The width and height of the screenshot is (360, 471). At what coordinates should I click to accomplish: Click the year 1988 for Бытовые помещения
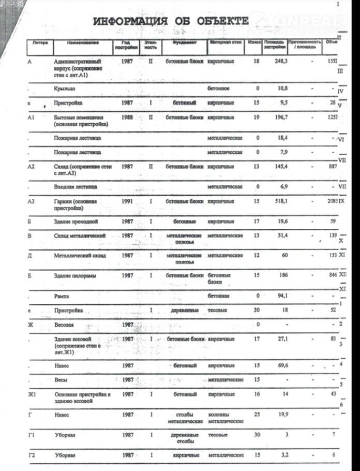pos(127,117)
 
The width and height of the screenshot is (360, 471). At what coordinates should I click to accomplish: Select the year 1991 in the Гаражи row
pos(127,201)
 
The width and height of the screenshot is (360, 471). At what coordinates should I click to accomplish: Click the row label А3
pos(31,201)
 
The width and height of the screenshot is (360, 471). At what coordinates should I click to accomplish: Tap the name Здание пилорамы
pos(75,276)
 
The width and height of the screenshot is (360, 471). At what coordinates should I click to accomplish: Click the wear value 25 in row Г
pos(257,415)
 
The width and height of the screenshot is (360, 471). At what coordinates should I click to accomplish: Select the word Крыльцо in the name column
pos(65,89)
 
